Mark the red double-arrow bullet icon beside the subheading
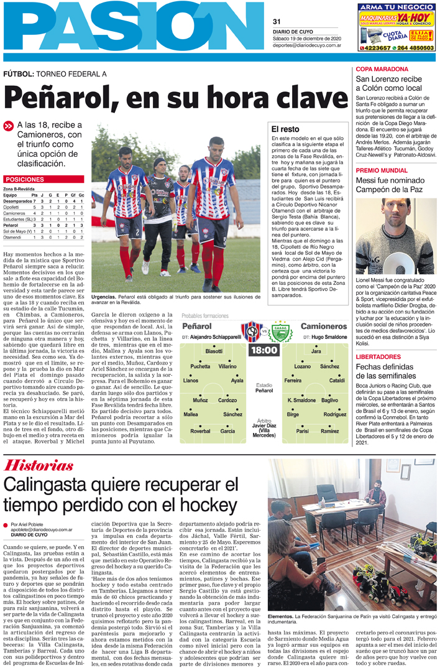(x=8, y=124)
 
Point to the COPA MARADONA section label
(x=382, y=69)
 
